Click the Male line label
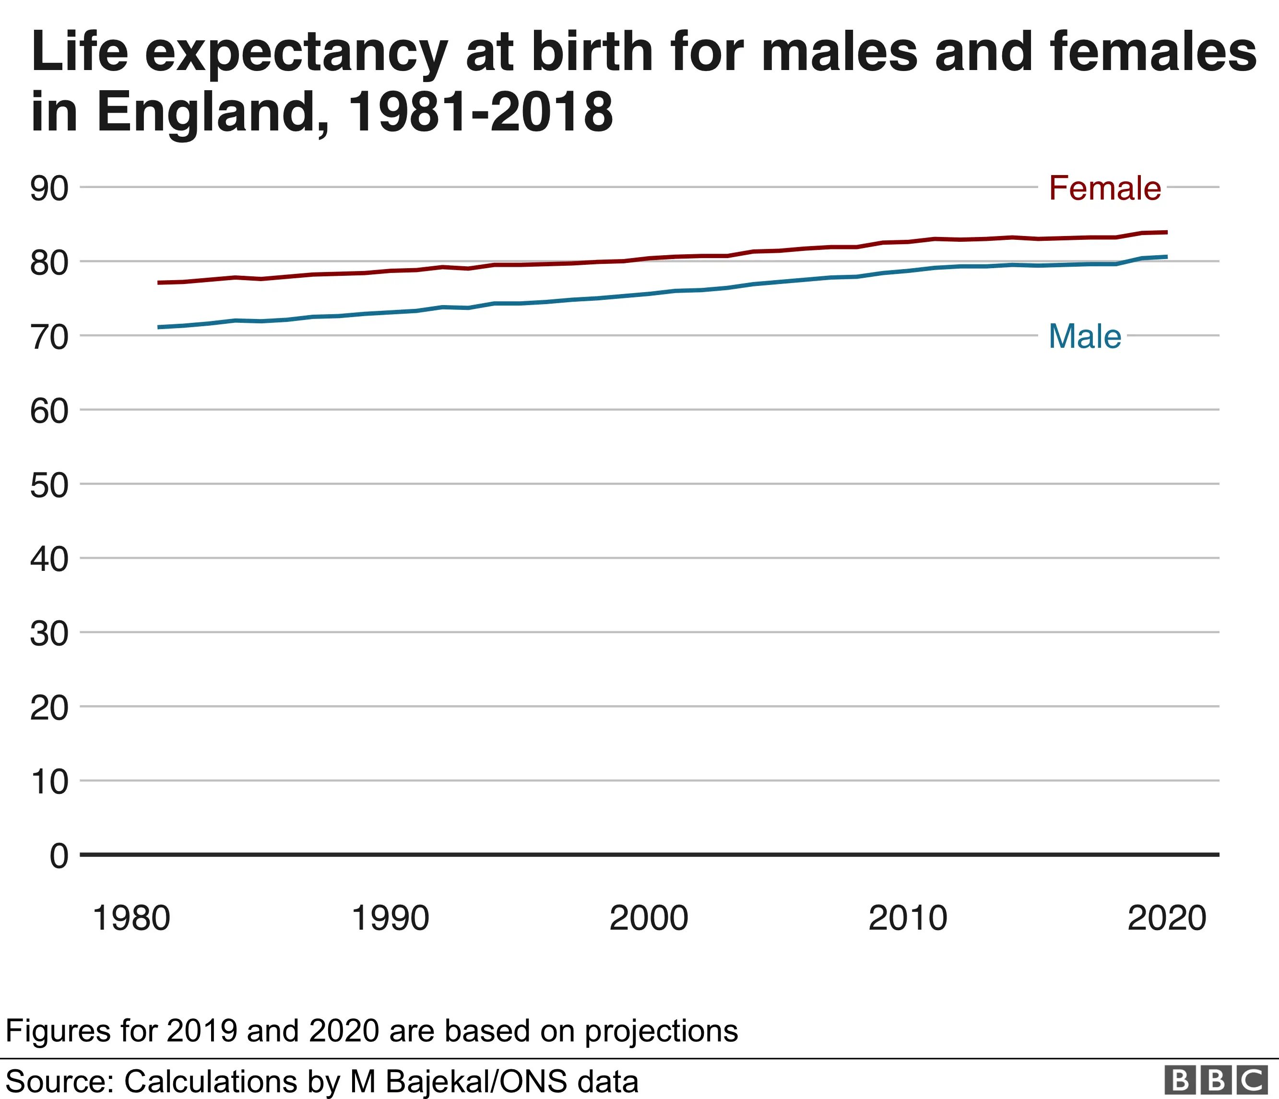[x=1085, y=336]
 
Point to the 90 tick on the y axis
[x=49, y=188]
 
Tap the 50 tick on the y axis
[x=49, y=485]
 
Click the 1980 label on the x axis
[x=131, y=918]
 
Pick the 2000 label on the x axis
[x=648, y=918]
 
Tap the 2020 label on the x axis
[x=1166, y=918]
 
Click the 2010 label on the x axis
[x=907, y=918]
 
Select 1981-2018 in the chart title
[x=481, y=112]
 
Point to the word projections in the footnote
[x=661, y=1030]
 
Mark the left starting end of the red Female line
[x=159, y=283]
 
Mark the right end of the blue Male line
[x=1167, y=257]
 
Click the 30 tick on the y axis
[x=49, y=634]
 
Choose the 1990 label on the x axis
[x=390, y=918]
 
